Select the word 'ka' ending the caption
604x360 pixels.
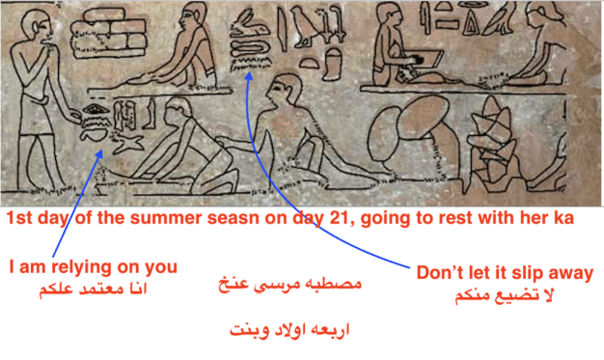pos(562,219)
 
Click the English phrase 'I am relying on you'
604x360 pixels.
pos(94,265)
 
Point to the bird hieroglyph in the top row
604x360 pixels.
pos(310,23)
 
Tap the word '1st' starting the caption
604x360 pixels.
pos(20,219)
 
